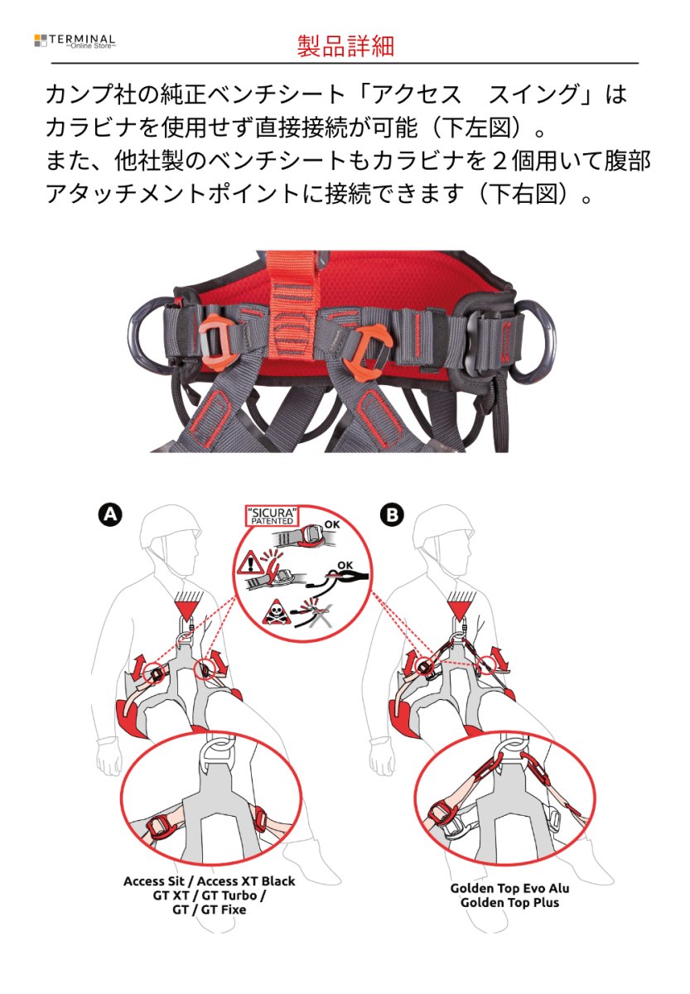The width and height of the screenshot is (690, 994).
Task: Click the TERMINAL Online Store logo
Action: coord(75,41)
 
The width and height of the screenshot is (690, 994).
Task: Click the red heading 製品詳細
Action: coord(345,46)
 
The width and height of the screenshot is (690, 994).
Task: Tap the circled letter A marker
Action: coord(109,514)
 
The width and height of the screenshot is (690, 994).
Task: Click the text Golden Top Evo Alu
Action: coord(509,888)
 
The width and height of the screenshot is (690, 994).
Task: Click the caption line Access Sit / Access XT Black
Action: coord(209,881)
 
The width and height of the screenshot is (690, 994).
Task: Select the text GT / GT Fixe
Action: coord(209,910)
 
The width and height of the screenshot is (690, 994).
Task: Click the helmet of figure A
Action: coord(169,529)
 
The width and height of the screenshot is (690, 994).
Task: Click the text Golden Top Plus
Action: coord(509,903)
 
